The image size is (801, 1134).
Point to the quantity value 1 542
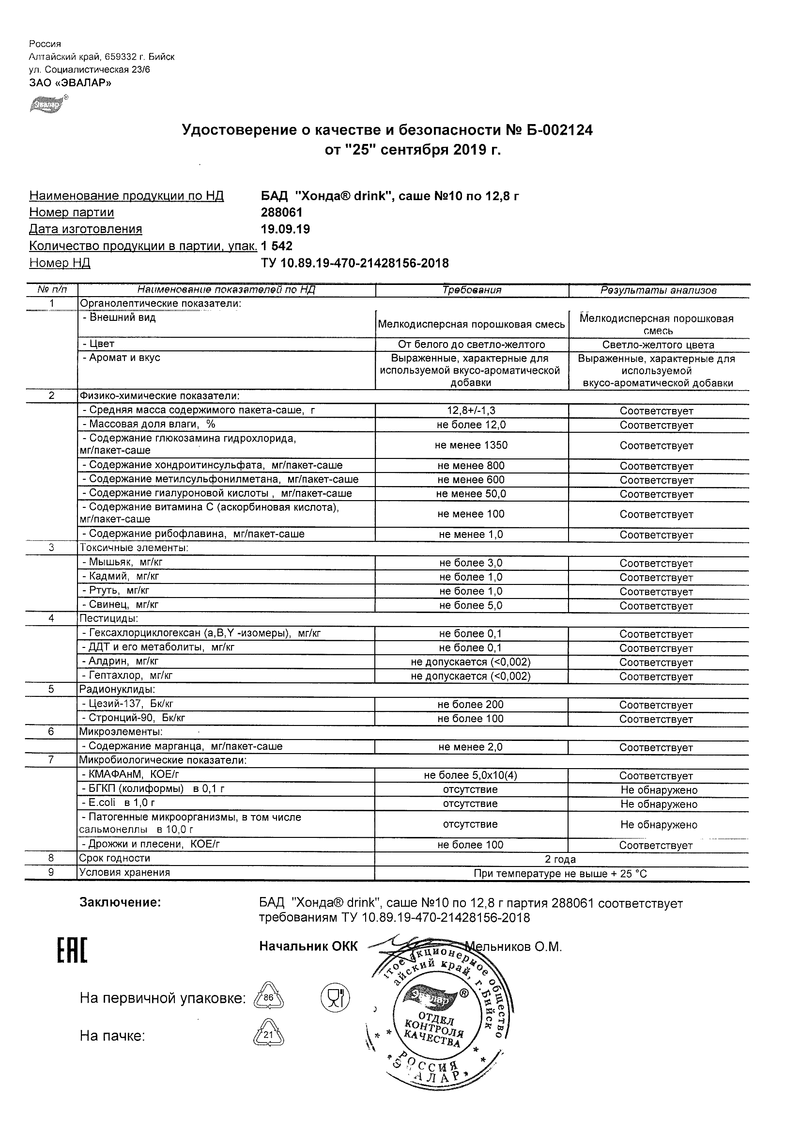click(x=277, y=246)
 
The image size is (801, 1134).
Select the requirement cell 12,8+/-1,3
click(x=471, y=410)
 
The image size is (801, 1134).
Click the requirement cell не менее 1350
click(x=471, y=445)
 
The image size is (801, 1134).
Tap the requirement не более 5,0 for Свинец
click(x=471, y=605)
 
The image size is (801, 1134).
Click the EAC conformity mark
click(x=72, y=951)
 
